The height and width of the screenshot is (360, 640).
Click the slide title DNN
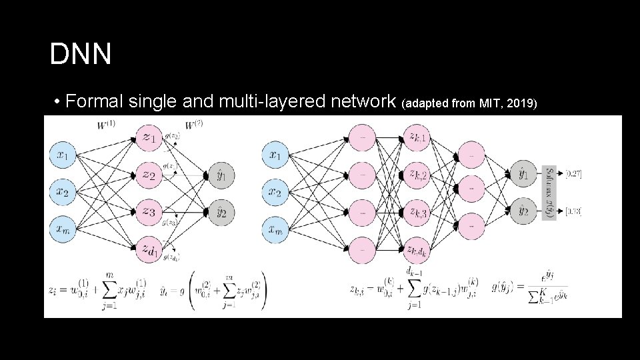[x=81, y=55]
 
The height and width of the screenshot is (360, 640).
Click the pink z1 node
[x=149, y=138]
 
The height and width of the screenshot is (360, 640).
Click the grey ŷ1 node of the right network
[x=524, y=175]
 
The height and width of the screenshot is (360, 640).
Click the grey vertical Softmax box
[x=550, y=193]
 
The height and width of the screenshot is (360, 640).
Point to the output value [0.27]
[x=573, y=174]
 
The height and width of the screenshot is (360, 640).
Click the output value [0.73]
[x=573, y=212]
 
